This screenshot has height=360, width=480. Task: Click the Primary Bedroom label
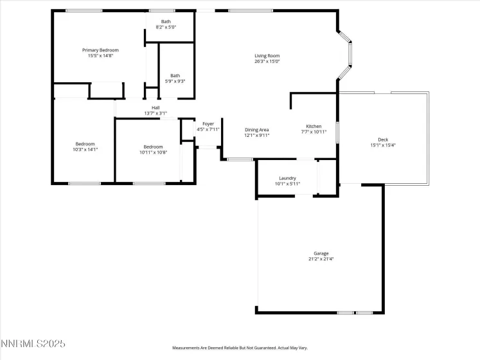[x=100, y=50]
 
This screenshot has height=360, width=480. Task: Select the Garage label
[x=321, y=253]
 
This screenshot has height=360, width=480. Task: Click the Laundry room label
[x=287, y=177]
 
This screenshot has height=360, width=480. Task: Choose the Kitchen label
[x=314, y=126]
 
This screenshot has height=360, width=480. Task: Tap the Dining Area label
[x=256, y=130]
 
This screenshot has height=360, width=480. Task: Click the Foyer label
[x=208, y=123]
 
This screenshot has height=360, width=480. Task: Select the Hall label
[x=156, y=107]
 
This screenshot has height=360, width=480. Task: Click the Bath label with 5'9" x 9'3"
[x=175, y=75]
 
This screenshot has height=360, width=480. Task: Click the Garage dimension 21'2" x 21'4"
[x=321, y=260]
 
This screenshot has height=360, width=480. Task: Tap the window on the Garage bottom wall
[x=355, y=313]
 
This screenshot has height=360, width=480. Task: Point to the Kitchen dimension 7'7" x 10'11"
[x=314, y=132]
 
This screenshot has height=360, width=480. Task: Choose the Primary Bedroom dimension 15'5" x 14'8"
[x=100, y=56]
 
